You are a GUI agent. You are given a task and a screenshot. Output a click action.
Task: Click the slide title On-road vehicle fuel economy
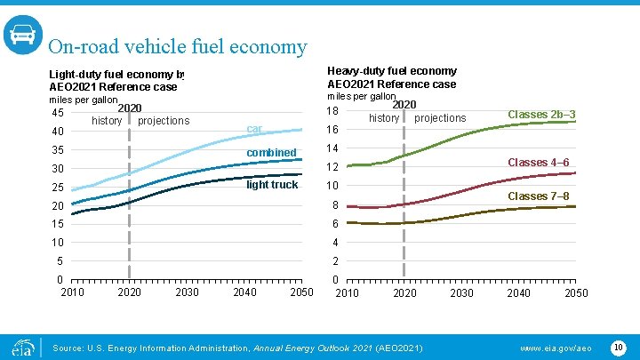178,47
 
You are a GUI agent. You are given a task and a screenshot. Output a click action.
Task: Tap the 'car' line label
255,130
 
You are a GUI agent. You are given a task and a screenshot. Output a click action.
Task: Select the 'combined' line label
271,153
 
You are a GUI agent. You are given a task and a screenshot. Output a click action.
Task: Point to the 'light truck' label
272,185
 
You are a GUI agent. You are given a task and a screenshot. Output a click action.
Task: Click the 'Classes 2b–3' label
541,115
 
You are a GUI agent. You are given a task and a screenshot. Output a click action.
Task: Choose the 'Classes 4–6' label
538,163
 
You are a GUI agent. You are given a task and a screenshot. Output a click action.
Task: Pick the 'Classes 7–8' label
538,196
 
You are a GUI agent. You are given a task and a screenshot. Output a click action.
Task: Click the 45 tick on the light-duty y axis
57,113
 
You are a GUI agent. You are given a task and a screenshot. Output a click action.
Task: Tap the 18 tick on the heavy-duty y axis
333,111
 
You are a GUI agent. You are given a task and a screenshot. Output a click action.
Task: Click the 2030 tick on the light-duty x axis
188,293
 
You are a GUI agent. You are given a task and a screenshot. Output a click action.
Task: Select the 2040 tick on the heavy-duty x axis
518,293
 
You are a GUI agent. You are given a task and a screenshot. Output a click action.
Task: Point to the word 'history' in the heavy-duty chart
384,118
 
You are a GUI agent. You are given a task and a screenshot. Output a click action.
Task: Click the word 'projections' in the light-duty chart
164,121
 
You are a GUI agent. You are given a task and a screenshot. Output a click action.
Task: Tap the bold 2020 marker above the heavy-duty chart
404,105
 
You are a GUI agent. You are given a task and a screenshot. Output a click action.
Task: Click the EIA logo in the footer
22,346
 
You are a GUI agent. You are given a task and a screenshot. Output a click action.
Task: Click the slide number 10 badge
619,346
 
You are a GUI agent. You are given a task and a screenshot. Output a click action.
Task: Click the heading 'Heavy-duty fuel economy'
392,71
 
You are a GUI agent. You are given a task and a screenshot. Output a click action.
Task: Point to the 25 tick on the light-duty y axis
57,188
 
